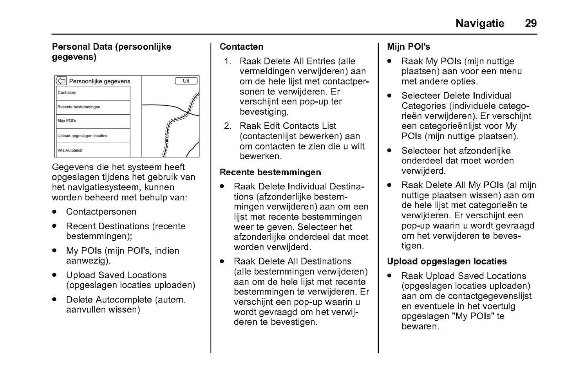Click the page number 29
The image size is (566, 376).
pyautogui.click(x=530, y=23)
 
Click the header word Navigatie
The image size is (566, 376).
pyautogui.click(x=480, y=23)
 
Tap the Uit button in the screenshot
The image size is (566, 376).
pyautogui.click(x=186, y=81)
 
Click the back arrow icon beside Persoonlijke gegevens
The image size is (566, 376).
pyautogui.click(x=61, y=81)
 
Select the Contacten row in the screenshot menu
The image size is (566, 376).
pyautogui.click(x=93, y=93)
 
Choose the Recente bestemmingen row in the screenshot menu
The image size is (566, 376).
pyautogui.click(x=93, y=107)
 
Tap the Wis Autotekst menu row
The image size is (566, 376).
pyautogui.click(x=93, y=150)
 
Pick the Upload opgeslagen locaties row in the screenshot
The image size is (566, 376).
pyautogui.click(x=93, y=136)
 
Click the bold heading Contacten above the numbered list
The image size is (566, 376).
pyautogui.click(x=241, y=47)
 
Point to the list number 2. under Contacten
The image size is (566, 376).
pyautogui.click(x=228, y=126)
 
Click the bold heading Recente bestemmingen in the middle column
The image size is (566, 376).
pyautogui.click(x=270, y=173)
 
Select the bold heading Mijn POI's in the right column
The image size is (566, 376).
pyautogui.click(x=408, y=47)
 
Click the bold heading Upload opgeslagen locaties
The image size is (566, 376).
pyautogui.click(x=447, y=261)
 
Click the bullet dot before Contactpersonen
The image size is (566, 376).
pyautogui.click(x=54, y=212)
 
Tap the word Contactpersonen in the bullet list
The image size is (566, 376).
pyautogui.click(x=101, y=212)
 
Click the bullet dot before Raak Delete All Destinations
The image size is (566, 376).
pyautogui.click(x=222, y=261)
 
